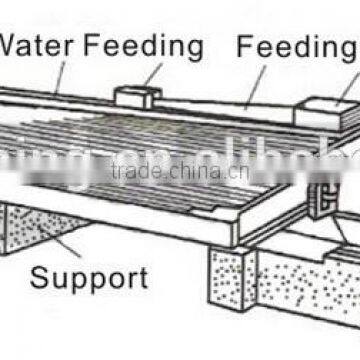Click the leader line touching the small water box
tap(153, 75)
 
